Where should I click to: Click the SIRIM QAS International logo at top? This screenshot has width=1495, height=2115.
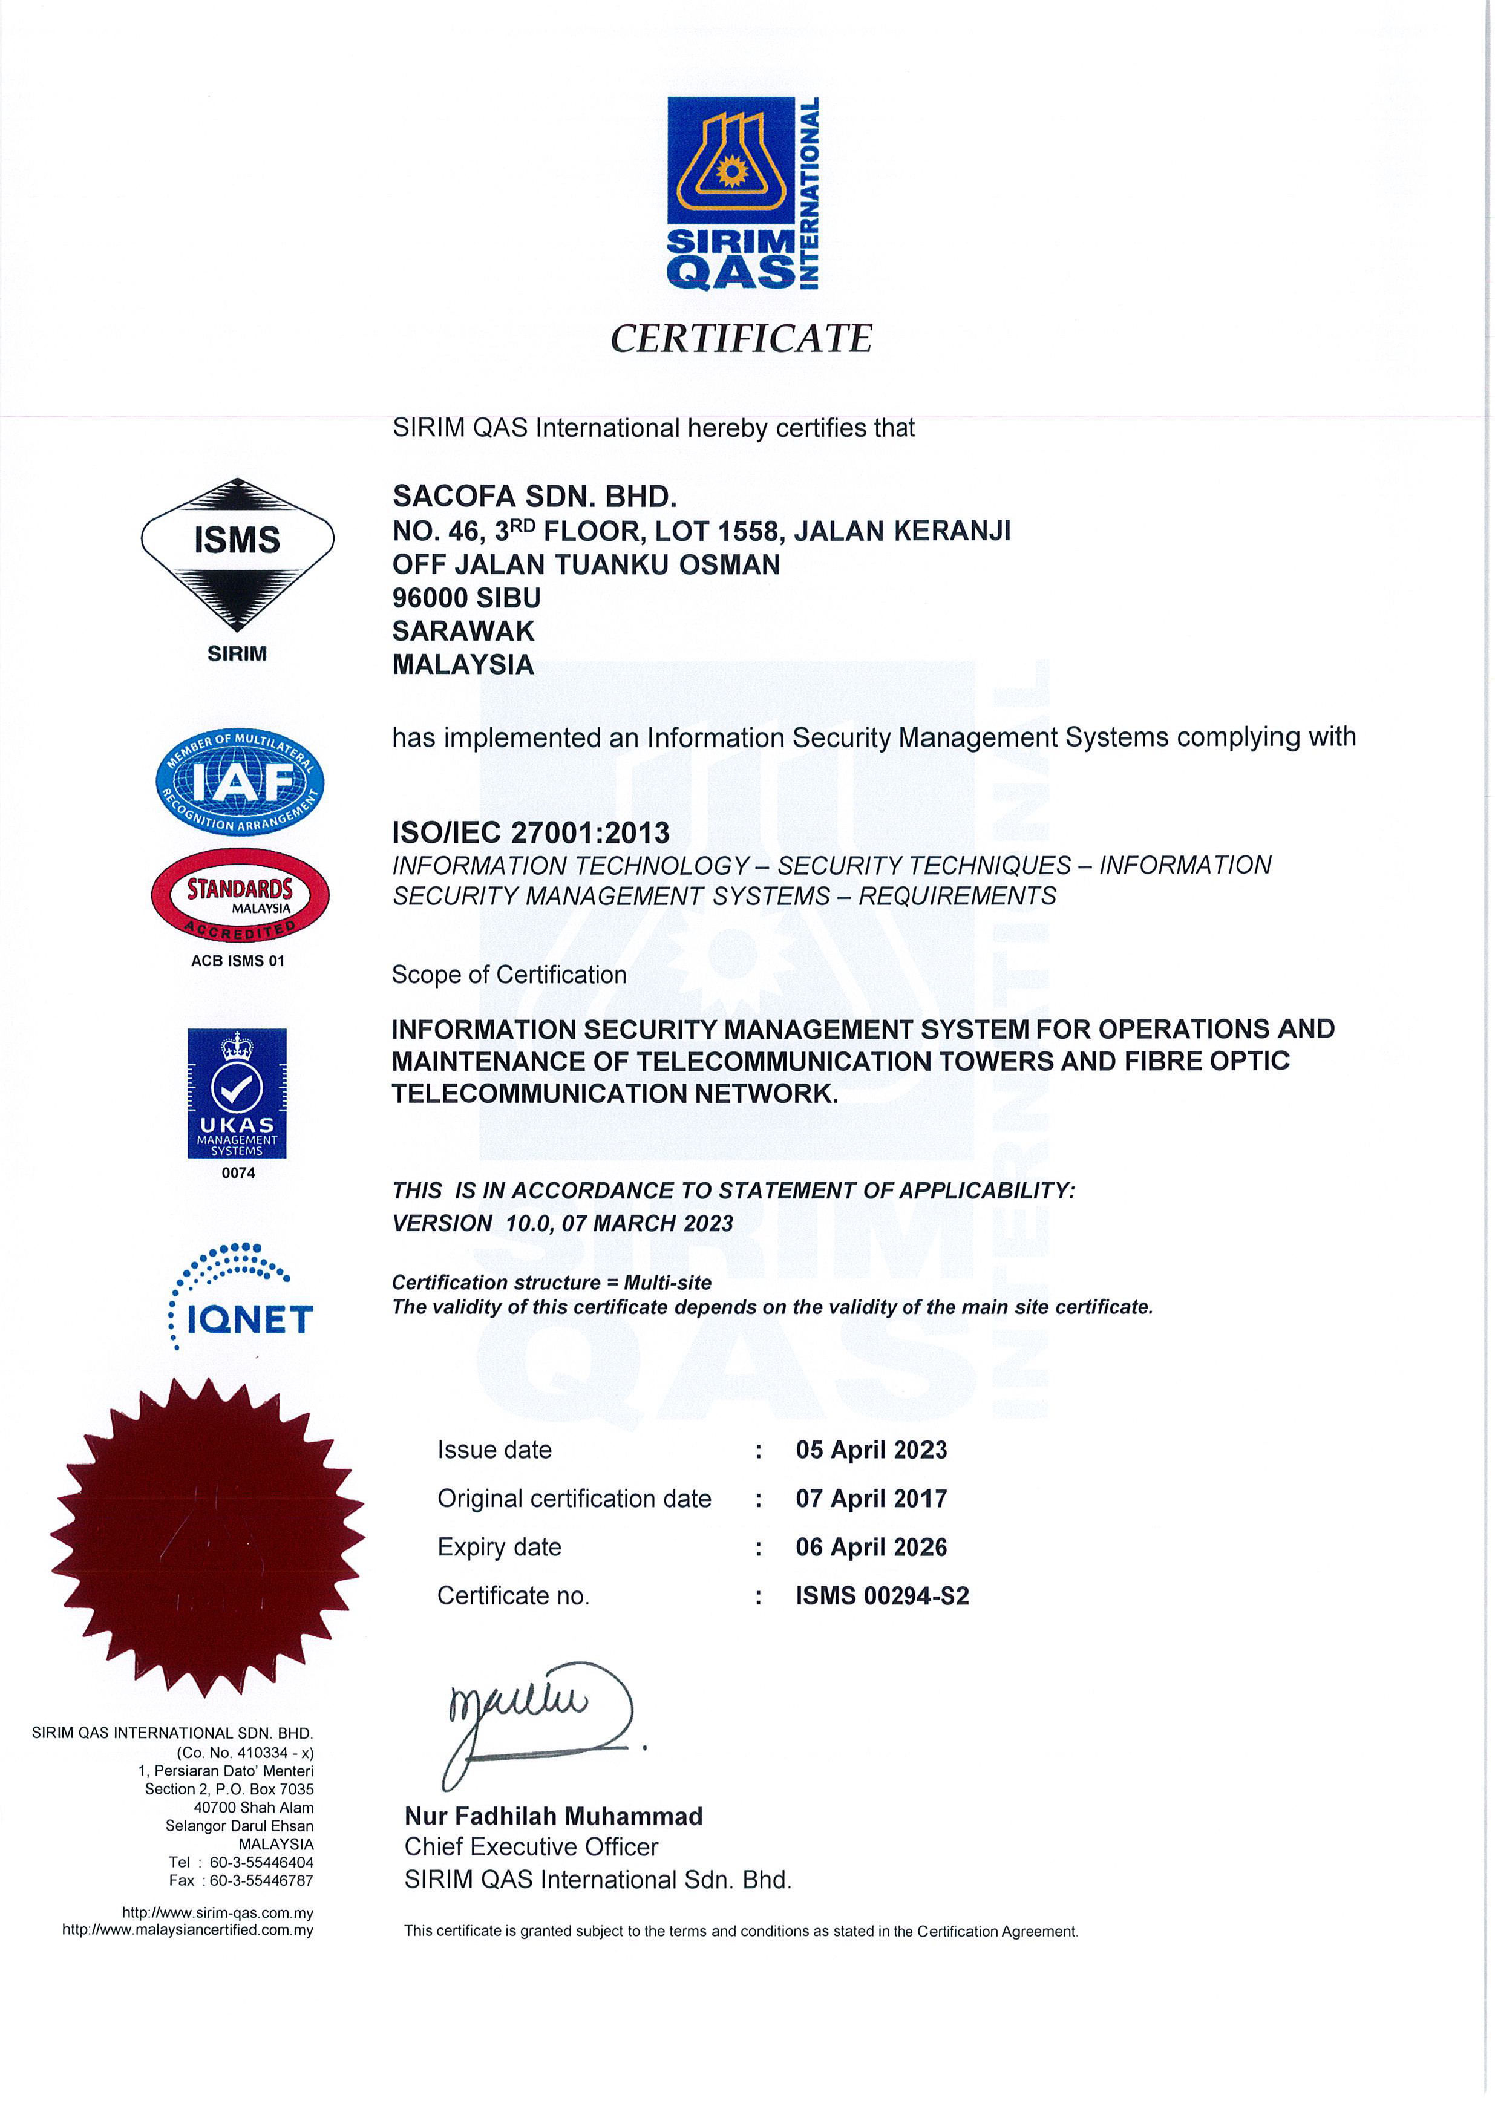[742, 194]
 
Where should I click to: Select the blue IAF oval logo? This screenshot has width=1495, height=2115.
[240, 783]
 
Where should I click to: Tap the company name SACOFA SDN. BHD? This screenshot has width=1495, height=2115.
[534, 497]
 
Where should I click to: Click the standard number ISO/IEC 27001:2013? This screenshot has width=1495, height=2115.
[531, 832]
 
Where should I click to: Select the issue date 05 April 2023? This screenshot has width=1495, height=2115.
[871, 1450]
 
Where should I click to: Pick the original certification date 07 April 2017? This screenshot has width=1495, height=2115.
[871, 1499]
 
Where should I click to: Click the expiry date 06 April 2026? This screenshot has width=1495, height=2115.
[871, 1547]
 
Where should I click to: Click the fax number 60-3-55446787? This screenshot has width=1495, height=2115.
[261, 1880]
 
